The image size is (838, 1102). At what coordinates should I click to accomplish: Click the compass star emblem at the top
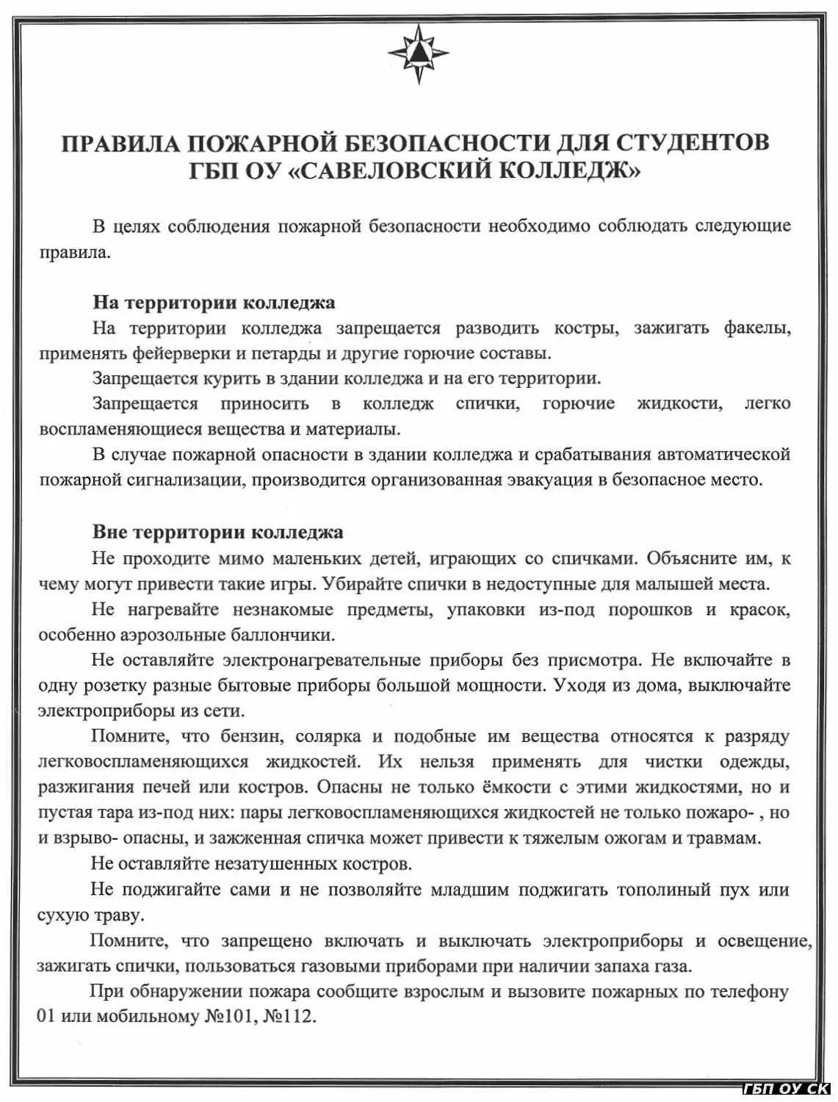point(418,53)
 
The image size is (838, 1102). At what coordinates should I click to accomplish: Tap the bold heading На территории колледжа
point(214,303)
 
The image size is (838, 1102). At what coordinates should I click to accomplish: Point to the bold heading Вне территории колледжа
point(217,532)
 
